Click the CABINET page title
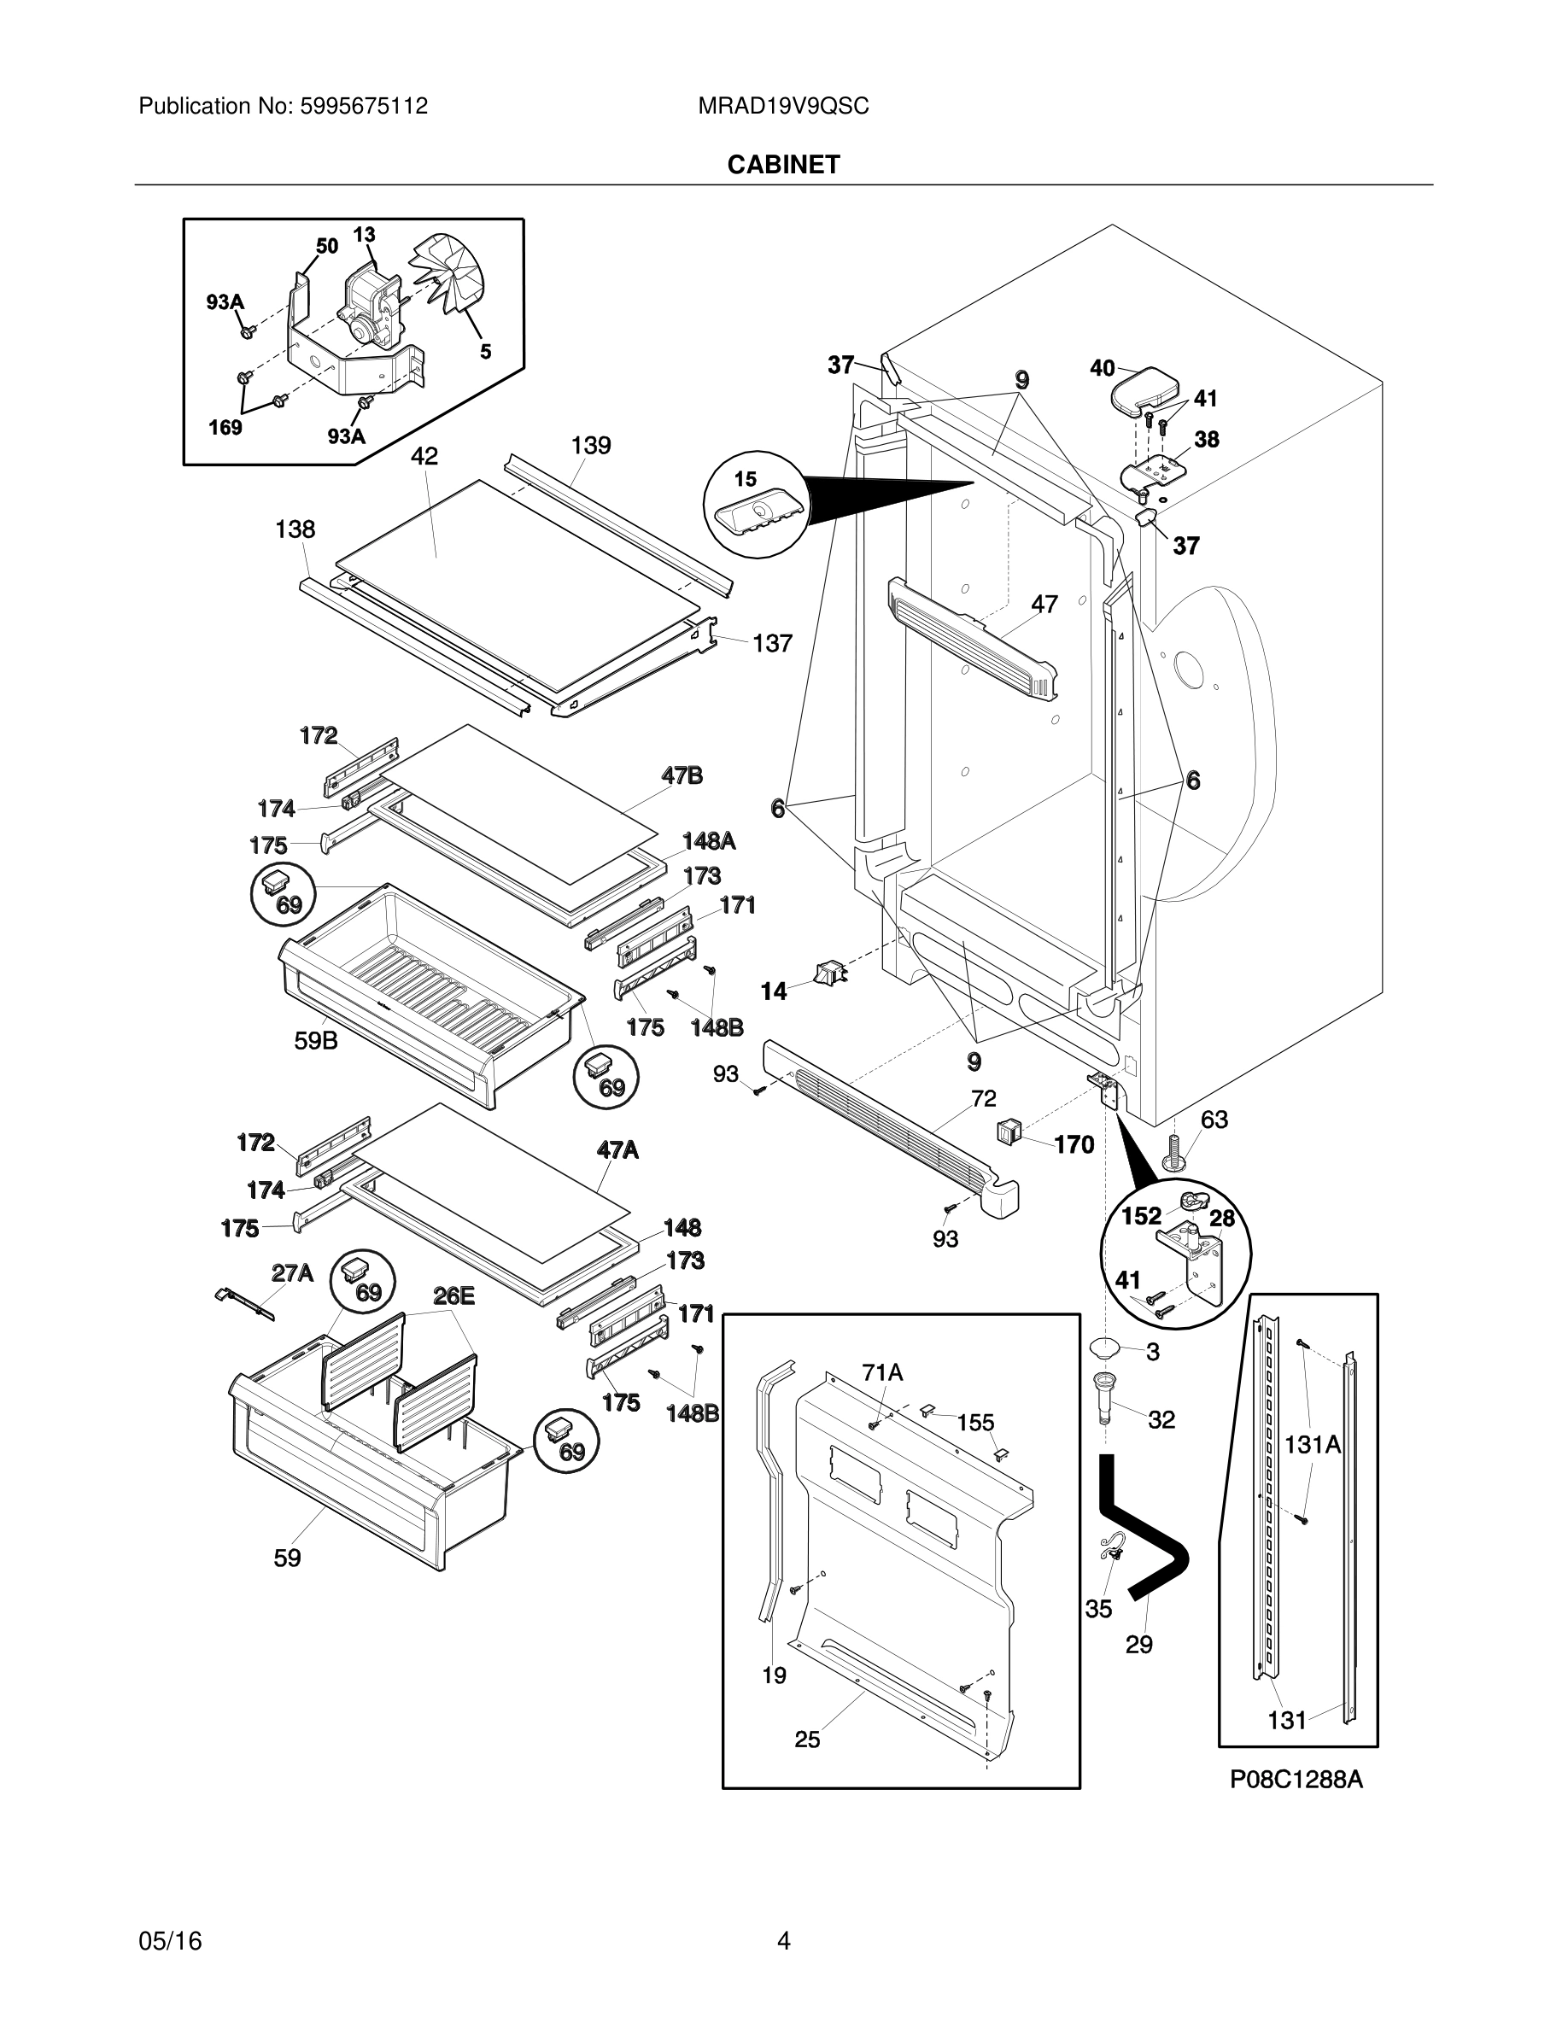coord(783,165)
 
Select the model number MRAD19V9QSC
coord(783,106)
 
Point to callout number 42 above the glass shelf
coord(424,456)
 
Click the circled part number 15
coord(746,479)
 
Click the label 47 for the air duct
coord(1044,604)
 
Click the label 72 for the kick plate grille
coord(984,1099)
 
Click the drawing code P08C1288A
coord(1296,1779)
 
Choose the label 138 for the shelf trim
coord(295,529)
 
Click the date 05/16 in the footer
coord(170,1941)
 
